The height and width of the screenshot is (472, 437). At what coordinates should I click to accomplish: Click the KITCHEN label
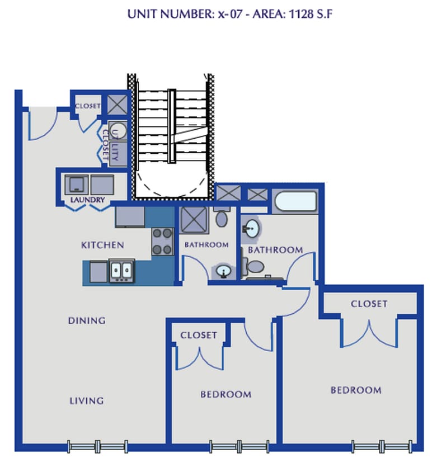click(102, 245)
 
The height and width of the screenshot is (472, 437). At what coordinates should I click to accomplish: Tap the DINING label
click(87, 320)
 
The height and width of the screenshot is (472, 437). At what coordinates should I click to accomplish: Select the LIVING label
click(87, 400)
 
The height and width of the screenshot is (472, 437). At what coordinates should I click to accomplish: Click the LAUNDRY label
click(87, 200)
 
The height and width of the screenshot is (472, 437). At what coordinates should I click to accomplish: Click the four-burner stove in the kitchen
click(162, 242)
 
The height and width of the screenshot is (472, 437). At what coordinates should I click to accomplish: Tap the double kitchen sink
click(121, 271)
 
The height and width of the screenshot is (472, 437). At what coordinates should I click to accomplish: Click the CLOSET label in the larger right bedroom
click(369, 304)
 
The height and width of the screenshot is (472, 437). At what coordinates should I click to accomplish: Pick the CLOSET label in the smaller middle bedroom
click(199, 335)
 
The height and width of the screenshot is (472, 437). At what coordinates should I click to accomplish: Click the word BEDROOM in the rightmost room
click(356, 390)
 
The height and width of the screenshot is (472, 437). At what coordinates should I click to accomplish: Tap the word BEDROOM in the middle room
click(226, 394)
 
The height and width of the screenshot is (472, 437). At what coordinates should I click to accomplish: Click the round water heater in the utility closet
click(118, 131)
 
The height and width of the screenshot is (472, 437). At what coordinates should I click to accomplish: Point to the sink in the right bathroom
click(252, 228)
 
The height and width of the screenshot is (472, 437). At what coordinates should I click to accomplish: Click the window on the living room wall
click(97, 446)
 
